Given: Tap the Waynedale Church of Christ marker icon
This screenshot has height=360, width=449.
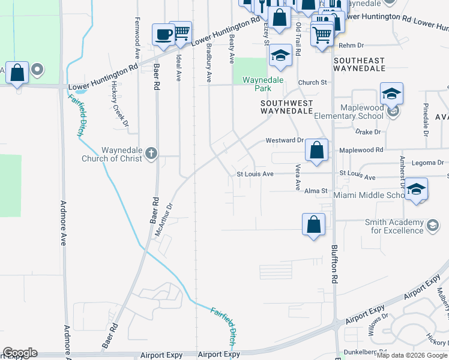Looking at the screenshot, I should pyautogui.click(x=151, y=154).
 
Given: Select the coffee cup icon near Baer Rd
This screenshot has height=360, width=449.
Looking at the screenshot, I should pyautogui.click(x=163, y=35).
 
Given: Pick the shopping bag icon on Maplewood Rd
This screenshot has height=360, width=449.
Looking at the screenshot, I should pyautogui.click(x=316, y=150).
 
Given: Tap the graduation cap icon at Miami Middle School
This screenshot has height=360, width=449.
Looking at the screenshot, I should pyautogui.click(x=416, y=189).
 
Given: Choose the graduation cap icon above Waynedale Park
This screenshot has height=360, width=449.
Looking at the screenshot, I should pyautogui.click(x=280, y=55).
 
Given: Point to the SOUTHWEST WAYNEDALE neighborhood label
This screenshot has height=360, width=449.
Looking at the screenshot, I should pyautogui.click(x=286, y=107).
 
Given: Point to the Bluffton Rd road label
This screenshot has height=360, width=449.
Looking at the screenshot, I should pyautogui.click(x=333, y=264).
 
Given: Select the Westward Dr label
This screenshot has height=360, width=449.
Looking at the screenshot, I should pyautogui.click(x=285, y=141).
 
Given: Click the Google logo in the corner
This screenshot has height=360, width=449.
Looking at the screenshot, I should pyautogui.click(x=20, y=353).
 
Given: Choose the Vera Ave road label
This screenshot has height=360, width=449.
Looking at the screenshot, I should pyautogui.click(x=297, y=178).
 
